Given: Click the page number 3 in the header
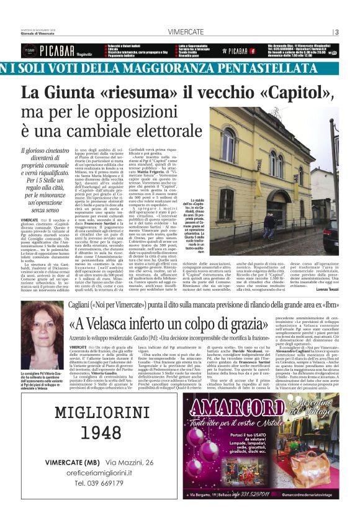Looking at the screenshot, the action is pyautogui.click(x=336, y=32).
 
